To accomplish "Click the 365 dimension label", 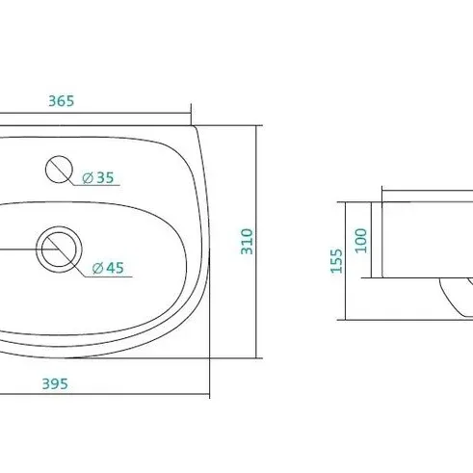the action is click(62, 101).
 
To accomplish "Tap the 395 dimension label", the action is click(55, 383).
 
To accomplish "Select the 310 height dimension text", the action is click(247, 242).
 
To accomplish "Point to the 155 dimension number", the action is click(336, 261).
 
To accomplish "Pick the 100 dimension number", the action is click(361, 241).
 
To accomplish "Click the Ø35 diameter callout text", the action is click(98, 177).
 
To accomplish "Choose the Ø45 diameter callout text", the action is click(108, 268).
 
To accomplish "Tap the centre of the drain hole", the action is click(59, 250).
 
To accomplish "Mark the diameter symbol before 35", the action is click(88, 178).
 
